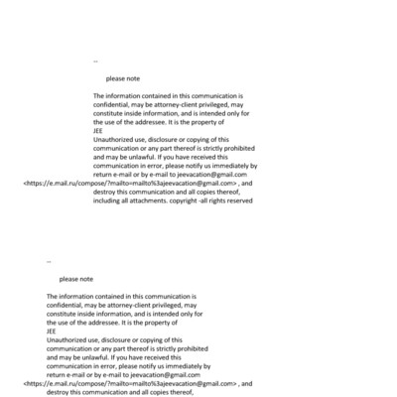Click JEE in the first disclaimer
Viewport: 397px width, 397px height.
point(98,130)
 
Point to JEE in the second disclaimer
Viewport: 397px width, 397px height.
point(52,331)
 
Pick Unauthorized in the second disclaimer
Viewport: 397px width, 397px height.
point(71,339)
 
